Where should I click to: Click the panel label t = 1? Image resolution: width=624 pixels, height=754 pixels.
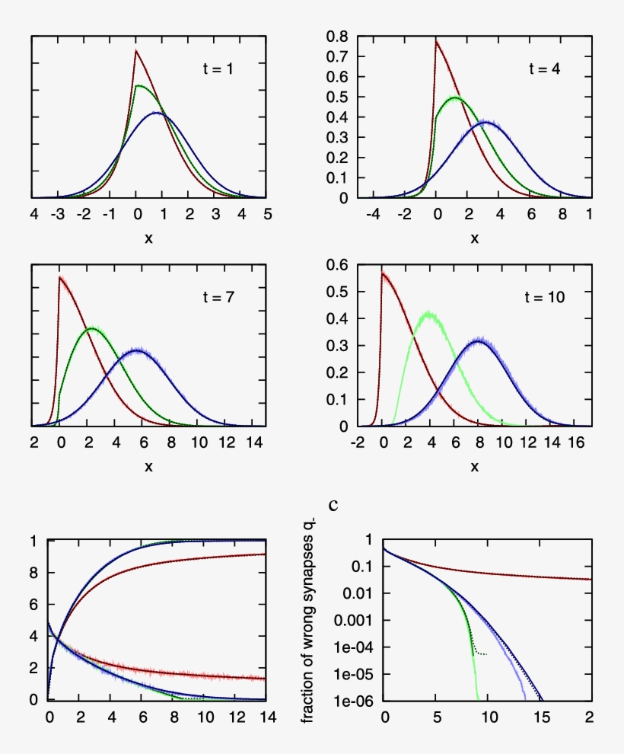[218, 69]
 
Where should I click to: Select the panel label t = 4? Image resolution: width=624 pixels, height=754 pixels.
[545, 69]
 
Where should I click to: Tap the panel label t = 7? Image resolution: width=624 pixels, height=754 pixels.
[218, 297]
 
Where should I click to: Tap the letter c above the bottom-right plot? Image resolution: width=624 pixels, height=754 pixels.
[333, 504]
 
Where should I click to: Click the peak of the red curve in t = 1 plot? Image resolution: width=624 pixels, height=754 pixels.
[136, 51]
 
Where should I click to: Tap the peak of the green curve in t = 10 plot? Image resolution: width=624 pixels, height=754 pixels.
[429, 313]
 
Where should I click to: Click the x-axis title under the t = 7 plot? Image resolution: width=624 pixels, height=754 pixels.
[148, 466]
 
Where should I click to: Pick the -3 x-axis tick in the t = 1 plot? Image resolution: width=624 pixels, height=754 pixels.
[57, 214]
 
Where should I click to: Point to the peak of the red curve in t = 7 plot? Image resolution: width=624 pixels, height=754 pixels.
[59, 277]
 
